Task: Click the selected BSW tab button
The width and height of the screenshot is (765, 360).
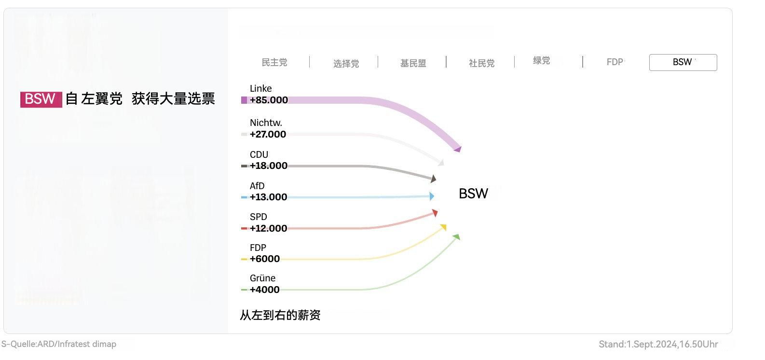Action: pyautogui.click(x=683, y=62)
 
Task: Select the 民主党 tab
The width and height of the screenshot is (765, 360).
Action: pyautogui.click(x=274, y=62)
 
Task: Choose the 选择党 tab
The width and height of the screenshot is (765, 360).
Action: pyautogui.click(x=346, y=64)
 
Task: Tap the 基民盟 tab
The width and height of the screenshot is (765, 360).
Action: pyautogui.click(x=413, y=63)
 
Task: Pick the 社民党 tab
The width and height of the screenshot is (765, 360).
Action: pyautogui.click(x=481, y=63)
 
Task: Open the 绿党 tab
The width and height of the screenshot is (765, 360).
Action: pyautogui.click(x=541, y=60)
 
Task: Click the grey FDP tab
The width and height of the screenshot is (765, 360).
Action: pyautogui.click(x=615, y=62)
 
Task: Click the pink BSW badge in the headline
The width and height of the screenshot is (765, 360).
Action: pyautogui.click(x=41, y=99)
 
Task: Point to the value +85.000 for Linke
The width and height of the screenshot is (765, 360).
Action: pyautogui.click(x=269, y=100)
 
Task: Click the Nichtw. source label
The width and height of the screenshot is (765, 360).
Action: pyautogui.click(x=266, y=123)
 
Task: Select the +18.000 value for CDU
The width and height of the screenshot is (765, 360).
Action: pyautogui.click(x=268, y=166)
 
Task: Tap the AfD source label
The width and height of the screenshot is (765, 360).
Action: pyautogui.click(x=257, y=186)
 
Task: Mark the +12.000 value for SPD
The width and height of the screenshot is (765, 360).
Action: pyautogui.click(x=268, y=228)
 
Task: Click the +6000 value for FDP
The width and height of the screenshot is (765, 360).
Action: pyautogui.click(x=264, y=259)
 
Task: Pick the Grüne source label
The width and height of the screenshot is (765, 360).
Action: pyautogui.click(x=262, y=278)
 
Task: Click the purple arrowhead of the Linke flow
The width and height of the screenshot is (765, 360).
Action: pyautogui.click(x=457, y=149)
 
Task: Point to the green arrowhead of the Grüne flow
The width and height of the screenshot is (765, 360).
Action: pyautogui.click(x=456, y=236)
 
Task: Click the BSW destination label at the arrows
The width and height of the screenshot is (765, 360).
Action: pyautogui.click(x=473, y=194)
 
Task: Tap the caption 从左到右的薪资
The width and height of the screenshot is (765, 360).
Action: pyautogui.click(x=280, y=315)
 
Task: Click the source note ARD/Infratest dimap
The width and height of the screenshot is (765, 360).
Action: pyautogui.click(x=59, y=344)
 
